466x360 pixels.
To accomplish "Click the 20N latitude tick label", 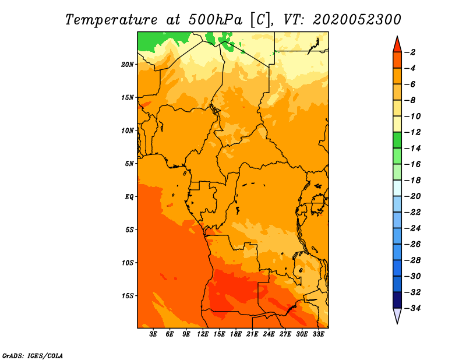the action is [128, 64].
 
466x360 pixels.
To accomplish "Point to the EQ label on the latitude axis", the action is [129, 196].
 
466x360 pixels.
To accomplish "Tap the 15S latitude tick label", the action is [128, 296].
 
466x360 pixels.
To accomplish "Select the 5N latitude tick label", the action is [129, 164].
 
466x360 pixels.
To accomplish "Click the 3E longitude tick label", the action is [153, 334].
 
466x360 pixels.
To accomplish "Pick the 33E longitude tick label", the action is [318, 334].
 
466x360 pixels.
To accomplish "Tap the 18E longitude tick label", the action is [236, 334].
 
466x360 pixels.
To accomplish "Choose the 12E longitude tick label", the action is [203, 334].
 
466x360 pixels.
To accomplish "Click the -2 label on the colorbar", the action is [410, 52].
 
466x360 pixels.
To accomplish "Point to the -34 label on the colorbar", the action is [412, 308].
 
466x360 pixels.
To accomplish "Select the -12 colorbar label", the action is [412, 132].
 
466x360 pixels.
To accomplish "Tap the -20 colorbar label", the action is [412, 196].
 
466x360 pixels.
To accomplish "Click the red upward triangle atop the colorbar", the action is [397, 45].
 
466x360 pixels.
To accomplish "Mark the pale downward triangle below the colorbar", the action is [397, 315].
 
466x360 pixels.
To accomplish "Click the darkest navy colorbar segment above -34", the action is [397, 300].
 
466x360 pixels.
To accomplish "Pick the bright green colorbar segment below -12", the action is [397, 140].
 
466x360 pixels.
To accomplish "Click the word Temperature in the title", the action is [111, 20].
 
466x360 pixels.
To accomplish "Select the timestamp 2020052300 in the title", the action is [356, 20].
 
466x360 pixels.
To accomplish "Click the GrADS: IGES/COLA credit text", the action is [33, 356].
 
